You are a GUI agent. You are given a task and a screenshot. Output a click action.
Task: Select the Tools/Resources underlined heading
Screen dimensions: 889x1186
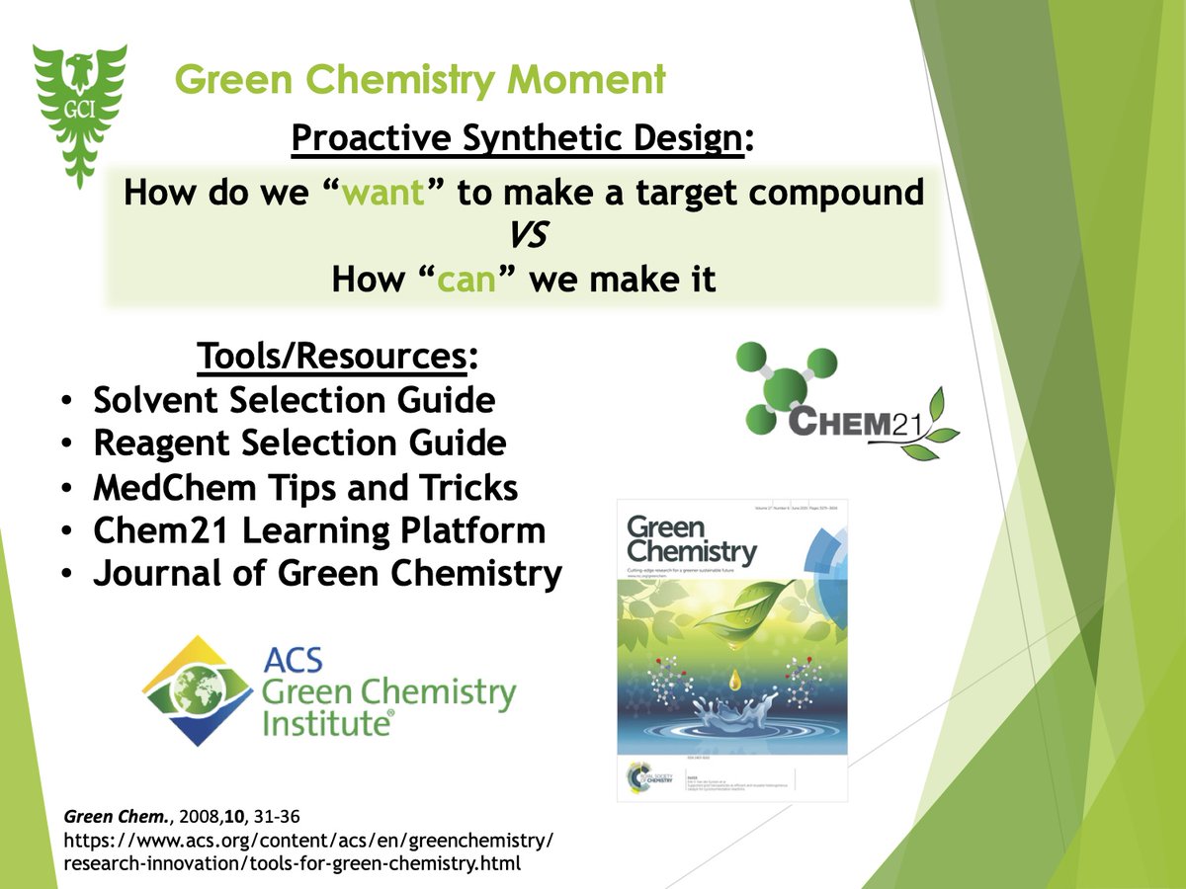pyautogui.click(x=337, y=356)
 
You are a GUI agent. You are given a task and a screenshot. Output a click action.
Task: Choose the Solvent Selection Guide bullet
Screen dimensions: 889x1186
pyautogui.click(x=294, y=400)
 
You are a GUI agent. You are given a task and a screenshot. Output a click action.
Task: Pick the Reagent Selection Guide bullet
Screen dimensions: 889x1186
pyautogui.click(x=299, y=444)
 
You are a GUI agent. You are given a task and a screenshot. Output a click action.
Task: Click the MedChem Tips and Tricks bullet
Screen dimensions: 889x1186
pyautogui.click(x=305, y=487)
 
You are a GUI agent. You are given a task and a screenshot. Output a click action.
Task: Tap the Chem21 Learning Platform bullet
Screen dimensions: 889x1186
pyautogui.click(x=319, y=530)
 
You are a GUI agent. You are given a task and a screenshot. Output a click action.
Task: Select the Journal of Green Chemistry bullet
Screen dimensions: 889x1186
pyautogui.click(x=327, y=574)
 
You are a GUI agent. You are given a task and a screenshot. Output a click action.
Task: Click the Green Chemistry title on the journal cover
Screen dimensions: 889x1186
pyautogui.click(x=692, y=538)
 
